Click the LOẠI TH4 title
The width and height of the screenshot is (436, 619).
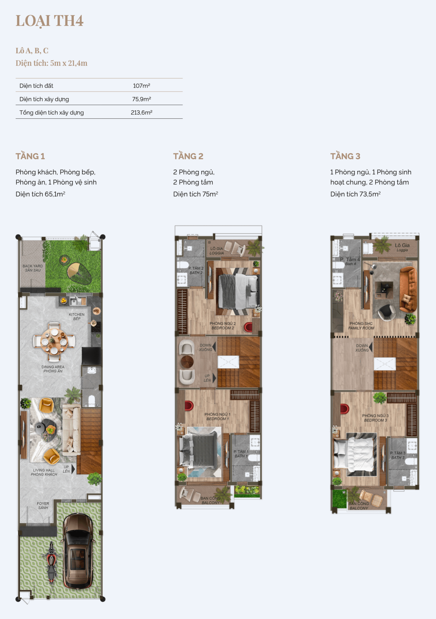tap(50, 21)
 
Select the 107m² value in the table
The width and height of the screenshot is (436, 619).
tap(141, 86)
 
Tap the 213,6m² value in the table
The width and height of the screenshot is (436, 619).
tap(141, 112)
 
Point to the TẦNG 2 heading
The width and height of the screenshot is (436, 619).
tap(188, 156)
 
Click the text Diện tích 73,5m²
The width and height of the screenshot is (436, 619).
tap(355, 194)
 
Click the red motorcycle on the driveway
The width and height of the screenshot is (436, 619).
tap(52, 562)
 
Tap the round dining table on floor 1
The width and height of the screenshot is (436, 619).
tap(54, 342)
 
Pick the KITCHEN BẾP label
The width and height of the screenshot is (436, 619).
tap(76, 316)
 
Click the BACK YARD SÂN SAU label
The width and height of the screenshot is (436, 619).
tap(33, 268)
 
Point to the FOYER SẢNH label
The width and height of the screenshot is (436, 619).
tap(43, 506)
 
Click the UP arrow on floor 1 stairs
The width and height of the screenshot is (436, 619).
tap(73, 469)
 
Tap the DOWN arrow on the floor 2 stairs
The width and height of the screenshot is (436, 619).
tap(214, 347)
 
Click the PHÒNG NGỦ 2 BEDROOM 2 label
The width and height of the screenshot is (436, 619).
tap(223, 326)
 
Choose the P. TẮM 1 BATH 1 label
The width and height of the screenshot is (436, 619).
tap(241, 454)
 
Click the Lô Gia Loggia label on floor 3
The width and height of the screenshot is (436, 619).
tap(402, 247)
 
